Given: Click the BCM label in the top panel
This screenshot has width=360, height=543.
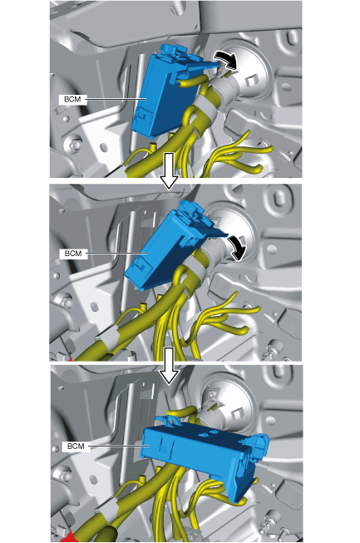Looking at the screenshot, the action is click(x=72, y=100).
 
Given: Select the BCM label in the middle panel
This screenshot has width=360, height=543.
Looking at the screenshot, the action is click(x=73, y=254).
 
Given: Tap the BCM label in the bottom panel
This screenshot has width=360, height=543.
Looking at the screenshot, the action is click(x=76, y=446).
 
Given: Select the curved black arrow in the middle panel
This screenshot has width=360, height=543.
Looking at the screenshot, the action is click(x=237, y=248).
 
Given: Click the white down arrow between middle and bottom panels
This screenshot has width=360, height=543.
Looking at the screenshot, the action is click(x=169, y=366).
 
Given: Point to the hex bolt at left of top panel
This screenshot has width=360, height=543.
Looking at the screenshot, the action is click(x=73, y=143).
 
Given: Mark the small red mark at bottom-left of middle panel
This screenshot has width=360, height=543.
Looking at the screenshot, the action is click(x=70, y=359).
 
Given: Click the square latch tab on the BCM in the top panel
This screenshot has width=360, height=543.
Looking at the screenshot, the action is click(x=143, y=115).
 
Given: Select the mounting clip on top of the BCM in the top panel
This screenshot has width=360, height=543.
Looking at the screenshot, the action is click(x=175, y=52).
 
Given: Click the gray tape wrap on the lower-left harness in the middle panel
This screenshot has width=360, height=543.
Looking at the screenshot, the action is click(x=108, y=336).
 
